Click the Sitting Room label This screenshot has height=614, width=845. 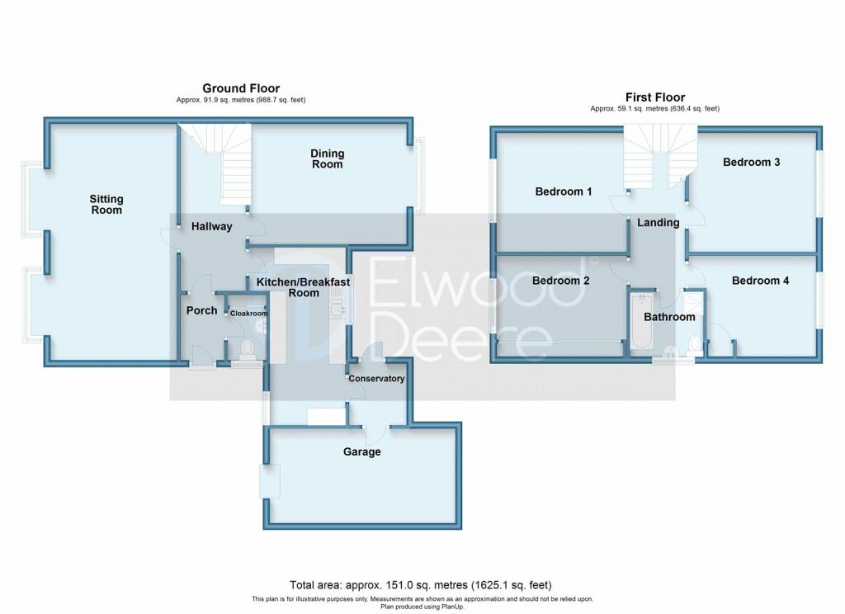pyautogui.click(x=106, y=205)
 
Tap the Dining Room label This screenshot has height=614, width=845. pyautogui.click(x=327, y=159)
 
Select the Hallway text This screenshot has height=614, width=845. pyautogui.click(x=212, y=226)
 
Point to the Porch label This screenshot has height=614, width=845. pyautogui.click(x=201, y=310)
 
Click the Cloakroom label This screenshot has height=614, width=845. pyautogui.click(x=249, y=314)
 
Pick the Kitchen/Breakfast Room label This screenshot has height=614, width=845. pyautogui.click(x=304, y=287)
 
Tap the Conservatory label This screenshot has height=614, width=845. pyautogui.click(x=376, y=379)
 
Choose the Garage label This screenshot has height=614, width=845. pyautogui.click(x=361, y=451)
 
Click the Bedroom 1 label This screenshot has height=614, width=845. pyautogui.click(x=563, y=191)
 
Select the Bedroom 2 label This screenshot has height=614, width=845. pyautogui.click(x=560, y=281)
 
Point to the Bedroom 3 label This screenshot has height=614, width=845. pyautogui.click(x=751, y=163)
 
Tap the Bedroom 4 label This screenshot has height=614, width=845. pyautogui.click(x=760, y=281)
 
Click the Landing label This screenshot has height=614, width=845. pyautogui.click(x=658, y=223)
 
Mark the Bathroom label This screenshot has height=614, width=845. pyautogui.click(x=669, y=317)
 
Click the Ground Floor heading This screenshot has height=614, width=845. pyautogui.click(x=241, y=88)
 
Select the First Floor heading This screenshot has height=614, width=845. pyautogui.click(x=654, y=97)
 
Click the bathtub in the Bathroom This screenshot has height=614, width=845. pyautogui.click(x=642, y=321)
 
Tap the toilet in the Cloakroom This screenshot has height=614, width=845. pyautogui.click(x=248, y=348)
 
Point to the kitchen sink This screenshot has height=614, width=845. pyautogui.click(x=338, y=305)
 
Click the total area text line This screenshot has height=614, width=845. pyautogui.click(x=420, y=585)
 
